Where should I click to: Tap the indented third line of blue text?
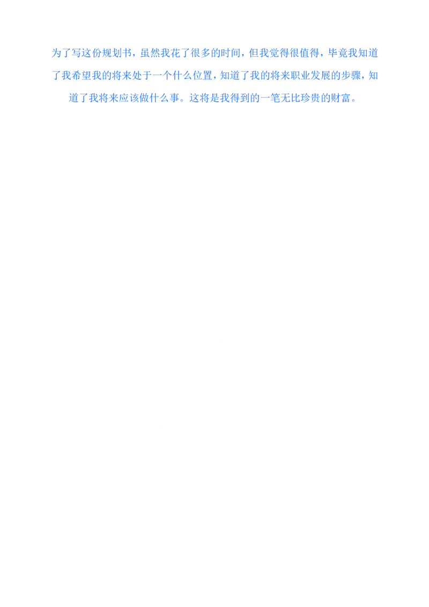pos(212,99)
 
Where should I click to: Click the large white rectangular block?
pos(214,214)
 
